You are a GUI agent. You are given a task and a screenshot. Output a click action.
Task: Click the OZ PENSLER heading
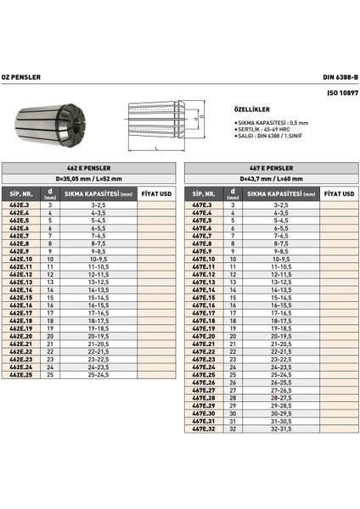21,76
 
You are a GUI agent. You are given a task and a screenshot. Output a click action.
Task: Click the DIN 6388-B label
335,76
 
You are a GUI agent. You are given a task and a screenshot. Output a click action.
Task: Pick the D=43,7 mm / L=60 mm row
271,179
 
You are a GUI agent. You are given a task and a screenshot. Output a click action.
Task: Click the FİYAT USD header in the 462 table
156,193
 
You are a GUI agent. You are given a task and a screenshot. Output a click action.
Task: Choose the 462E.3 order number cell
20,205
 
